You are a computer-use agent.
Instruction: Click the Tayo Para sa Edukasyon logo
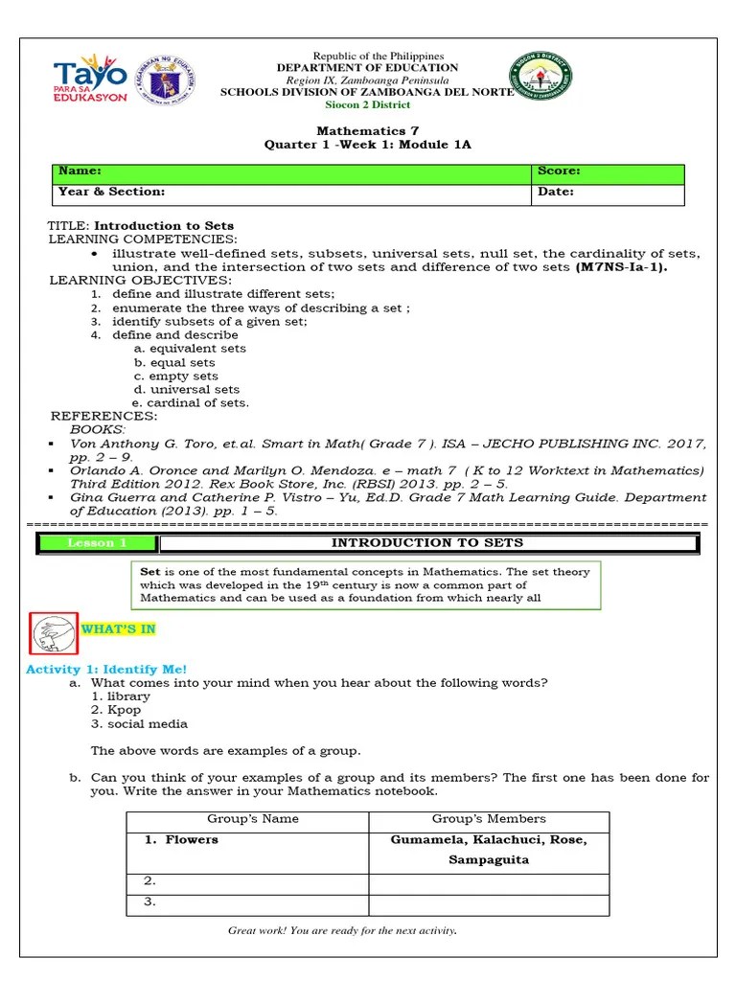[90, 82]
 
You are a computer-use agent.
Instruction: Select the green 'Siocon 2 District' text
[368, 105]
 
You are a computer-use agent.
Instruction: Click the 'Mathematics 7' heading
[368, 131]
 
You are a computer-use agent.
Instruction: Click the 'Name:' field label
[80, 171]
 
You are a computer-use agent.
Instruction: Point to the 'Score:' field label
[558, 171]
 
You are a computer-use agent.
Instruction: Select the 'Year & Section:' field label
[111, 192]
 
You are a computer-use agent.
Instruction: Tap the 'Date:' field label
[556, 192]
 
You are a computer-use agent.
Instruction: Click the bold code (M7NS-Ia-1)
[621, 267]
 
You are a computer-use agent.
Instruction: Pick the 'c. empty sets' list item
[175, 376]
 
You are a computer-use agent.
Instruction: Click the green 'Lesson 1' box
[97, 543]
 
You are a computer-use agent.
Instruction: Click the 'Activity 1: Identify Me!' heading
[106, 669]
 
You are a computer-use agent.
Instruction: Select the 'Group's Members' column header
[489, 819]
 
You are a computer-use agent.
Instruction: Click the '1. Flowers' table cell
[181, 840]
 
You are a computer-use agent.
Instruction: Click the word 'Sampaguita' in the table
[489, 860]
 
